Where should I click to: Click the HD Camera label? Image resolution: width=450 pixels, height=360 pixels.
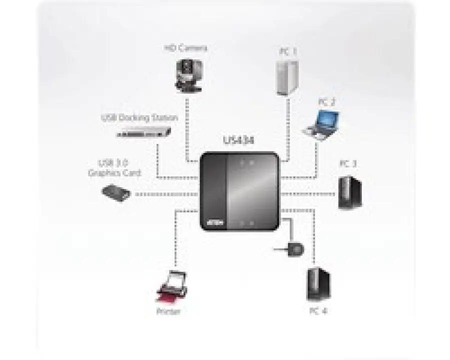(x=185, y=48)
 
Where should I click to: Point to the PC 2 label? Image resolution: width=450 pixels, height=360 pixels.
(x=326, y=102)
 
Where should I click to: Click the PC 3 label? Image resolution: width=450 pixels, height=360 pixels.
(x=348, y=163)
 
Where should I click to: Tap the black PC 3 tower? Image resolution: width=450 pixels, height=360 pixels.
(x=349, y=192)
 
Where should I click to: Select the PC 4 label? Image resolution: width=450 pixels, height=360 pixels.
(x=318, y=310)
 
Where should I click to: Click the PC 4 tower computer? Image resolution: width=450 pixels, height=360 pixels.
(x=318, y=283)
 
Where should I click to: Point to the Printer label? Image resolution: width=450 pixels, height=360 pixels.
(x=168, y=312)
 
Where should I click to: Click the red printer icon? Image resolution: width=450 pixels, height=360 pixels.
(x=170, y=288)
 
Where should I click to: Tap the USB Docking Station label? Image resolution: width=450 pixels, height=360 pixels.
(x=139, y=118)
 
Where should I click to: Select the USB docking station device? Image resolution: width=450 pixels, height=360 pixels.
(x=144, y=132)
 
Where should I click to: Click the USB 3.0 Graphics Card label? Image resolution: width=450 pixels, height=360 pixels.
(x=114, y=168)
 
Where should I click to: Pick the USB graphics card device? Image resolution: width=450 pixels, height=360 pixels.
(x=116, y=192)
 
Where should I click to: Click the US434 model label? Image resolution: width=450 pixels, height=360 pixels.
(x=238, y=141)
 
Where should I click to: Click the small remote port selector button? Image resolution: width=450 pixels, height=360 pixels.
(x=295, y=248)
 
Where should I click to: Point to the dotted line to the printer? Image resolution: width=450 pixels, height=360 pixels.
(x=176, y=240)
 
